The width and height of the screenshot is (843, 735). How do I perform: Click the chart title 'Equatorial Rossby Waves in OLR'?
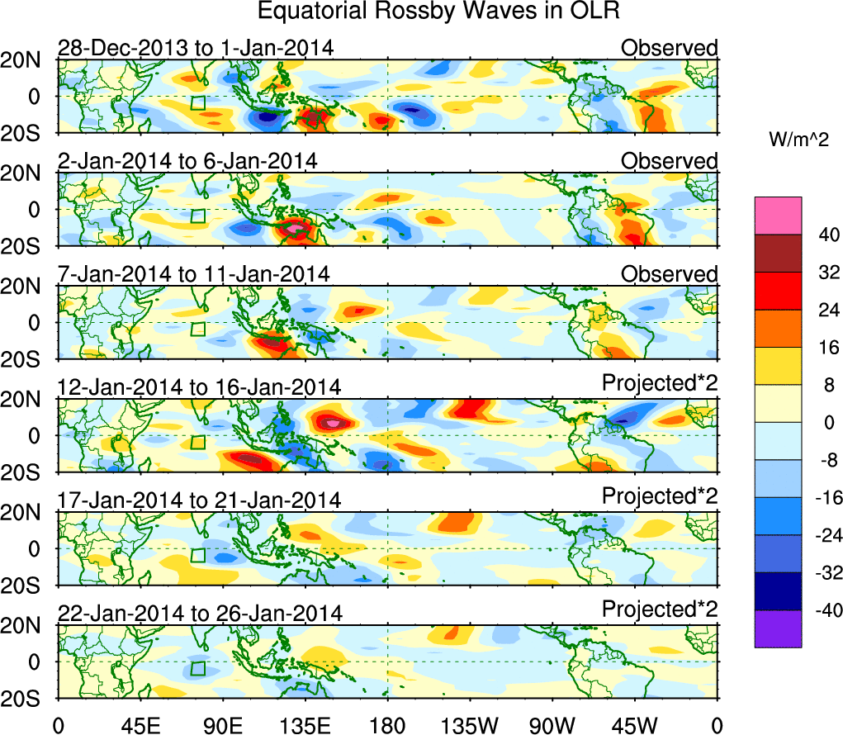[438, 12]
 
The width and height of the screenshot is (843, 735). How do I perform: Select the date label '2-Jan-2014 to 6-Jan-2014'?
[187, 161]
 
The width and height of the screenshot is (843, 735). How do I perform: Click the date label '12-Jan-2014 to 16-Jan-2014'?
[199, 386]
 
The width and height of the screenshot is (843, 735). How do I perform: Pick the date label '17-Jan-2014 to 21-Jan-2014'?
[199, 500]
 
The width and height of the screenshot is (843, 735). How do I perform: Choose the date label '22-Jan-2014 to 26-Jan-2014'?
[199, 613]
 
